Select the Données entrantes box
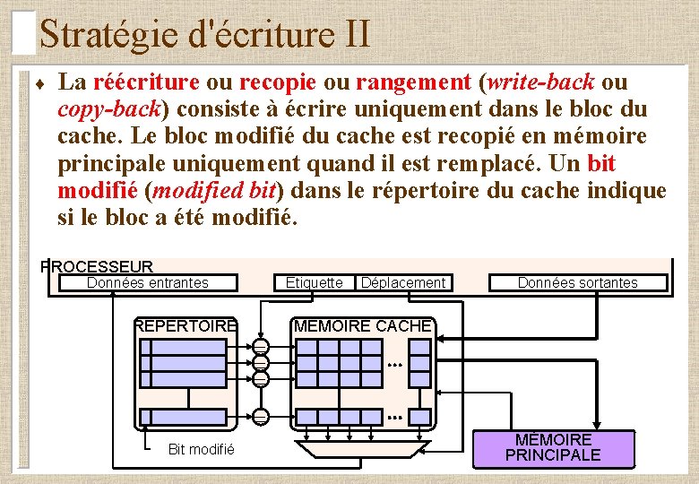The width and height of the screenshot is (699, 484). pyautogui.click(x=148, y=283)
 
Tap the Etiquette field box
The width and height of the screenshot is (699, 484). pyautogui.click(x=314, y=283)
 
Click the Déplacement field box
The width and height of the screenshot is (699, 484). pyautogui.click(x=402, y=283)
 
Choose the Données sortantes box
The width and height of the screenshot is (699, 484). pyautogui.click(x=578, y=283)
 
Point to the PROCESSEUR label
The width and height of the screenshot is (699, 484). pyautogui.click(x=98, y=266)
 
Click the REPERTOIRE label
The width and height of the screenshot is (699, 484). pyautogui.click(x=186, y=326)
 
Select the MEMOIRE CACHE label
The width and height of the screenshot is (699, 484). pyautogui.click(x=363, y=326)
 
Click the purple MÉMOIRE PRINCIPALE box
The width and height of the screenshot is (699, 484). pyautogui.click(x=552, y=447)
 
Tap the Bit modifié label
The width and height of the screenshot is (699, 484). pyautogui.click(x=201, y=449)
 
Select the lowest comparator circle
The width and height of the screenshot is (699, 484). pyautogui.click(x=261, y=417)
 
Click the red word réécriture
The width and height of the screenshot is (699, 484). pyautogui.click(x=146, y=82)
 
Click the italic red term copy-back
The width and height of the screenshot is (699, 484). pyautogui.click(x=108, y=109)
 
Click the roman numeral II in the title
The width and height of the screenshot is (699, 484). pyautogui.click(x=356, y=34)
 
